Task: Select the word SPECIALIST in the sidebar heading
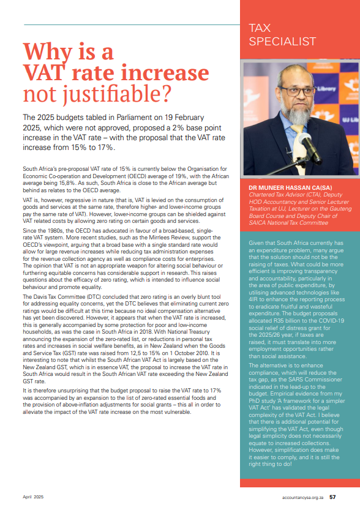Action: [x=283, y=42]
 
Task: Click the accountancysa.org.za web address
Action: [x=302, y=497]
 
